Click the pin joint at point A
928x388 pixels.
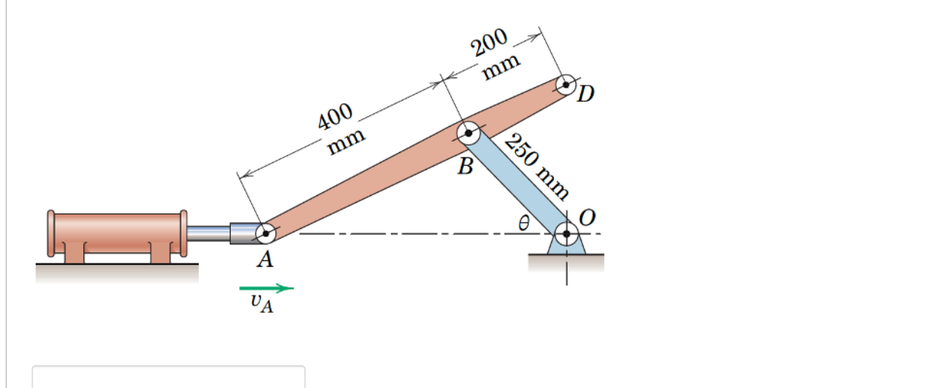pyautogui.click(x=265, y=233)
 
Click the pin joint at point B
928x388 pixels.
pyautogui.click(x=469, y=134)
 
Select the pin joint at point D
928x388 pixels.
pyautogui.click(x=567, y=84)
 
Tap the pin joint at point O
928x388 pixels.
pyautogui.click(x=567, y=233)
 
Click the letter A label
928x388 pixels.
pyautogui.click(x=265, y=260)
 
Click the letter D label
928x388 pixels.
pyautogui.click(x=587, y=94)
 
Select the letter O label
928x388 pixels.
pyautogui.click(x=588, y=218)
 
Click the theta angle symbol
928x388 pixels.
pyautogui.click(x=524, y=223)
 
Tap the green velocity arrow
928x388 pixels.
pyautogui.click(x=266, y=287)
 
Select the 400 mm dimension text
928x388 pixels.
pyautogui.click(x=341, y=128)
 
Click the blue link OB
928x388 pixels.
pyautogui.click(x=517, y=183)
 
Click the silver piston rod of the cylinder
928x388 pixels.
pyautogui.click(x=208, y=233)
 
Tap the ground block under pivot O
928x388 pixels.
pyautogui.click(x=566, y=262)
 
